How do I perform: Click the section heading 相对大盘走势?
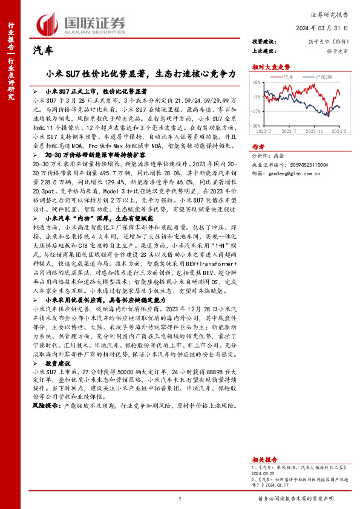coord(267,67)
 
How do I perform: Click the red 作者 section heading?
coord(258,146)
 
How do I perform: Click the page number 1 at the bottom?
coord(180,498)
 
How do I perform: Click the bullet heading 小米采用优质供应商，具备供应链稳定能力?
coord(100,299)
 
